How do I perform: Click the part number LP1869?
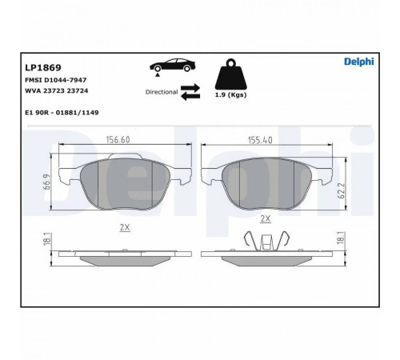[x=43, y=68]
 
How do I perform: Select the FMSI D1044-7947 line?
[x=56, y=80]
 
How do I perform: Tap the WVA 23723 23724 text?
[x=57, y=91]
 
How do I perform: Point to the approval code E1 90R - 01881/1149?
[x=62, y=113]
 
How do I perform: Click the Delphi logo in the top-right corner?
[x=359, y=62]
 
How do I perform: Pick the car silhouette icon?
[x=173, y=66]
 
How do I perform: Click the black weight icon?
[x=231, y=74]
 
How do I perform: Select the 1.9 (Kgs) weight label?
[x=230, y=94]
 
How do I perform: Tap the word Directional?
[x=162, y=92]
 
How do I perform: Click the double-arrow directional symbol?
[x=190, y=92]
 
